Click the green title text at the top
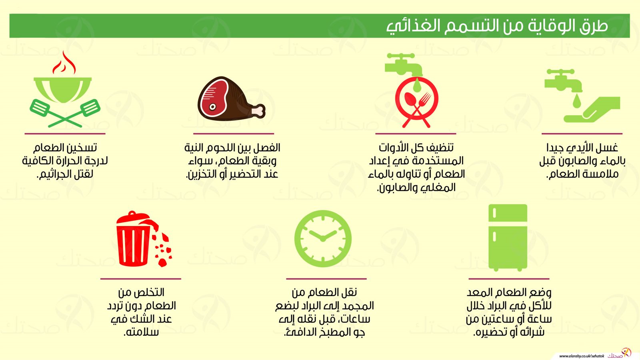coord(497,26)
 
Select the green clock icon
coord(323,239)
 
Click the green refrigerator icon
coord(508,238)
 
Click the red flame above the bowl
coord(64,63)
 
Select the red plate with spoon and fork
coord(416,102)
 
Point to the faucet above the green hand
coord(563,81)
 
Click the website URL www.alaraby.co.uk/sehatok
coord(582,356)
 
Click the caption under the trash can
coord(142,312)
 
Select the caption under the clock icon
coord(324,312)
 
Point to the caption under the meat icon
coord(232,161)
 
